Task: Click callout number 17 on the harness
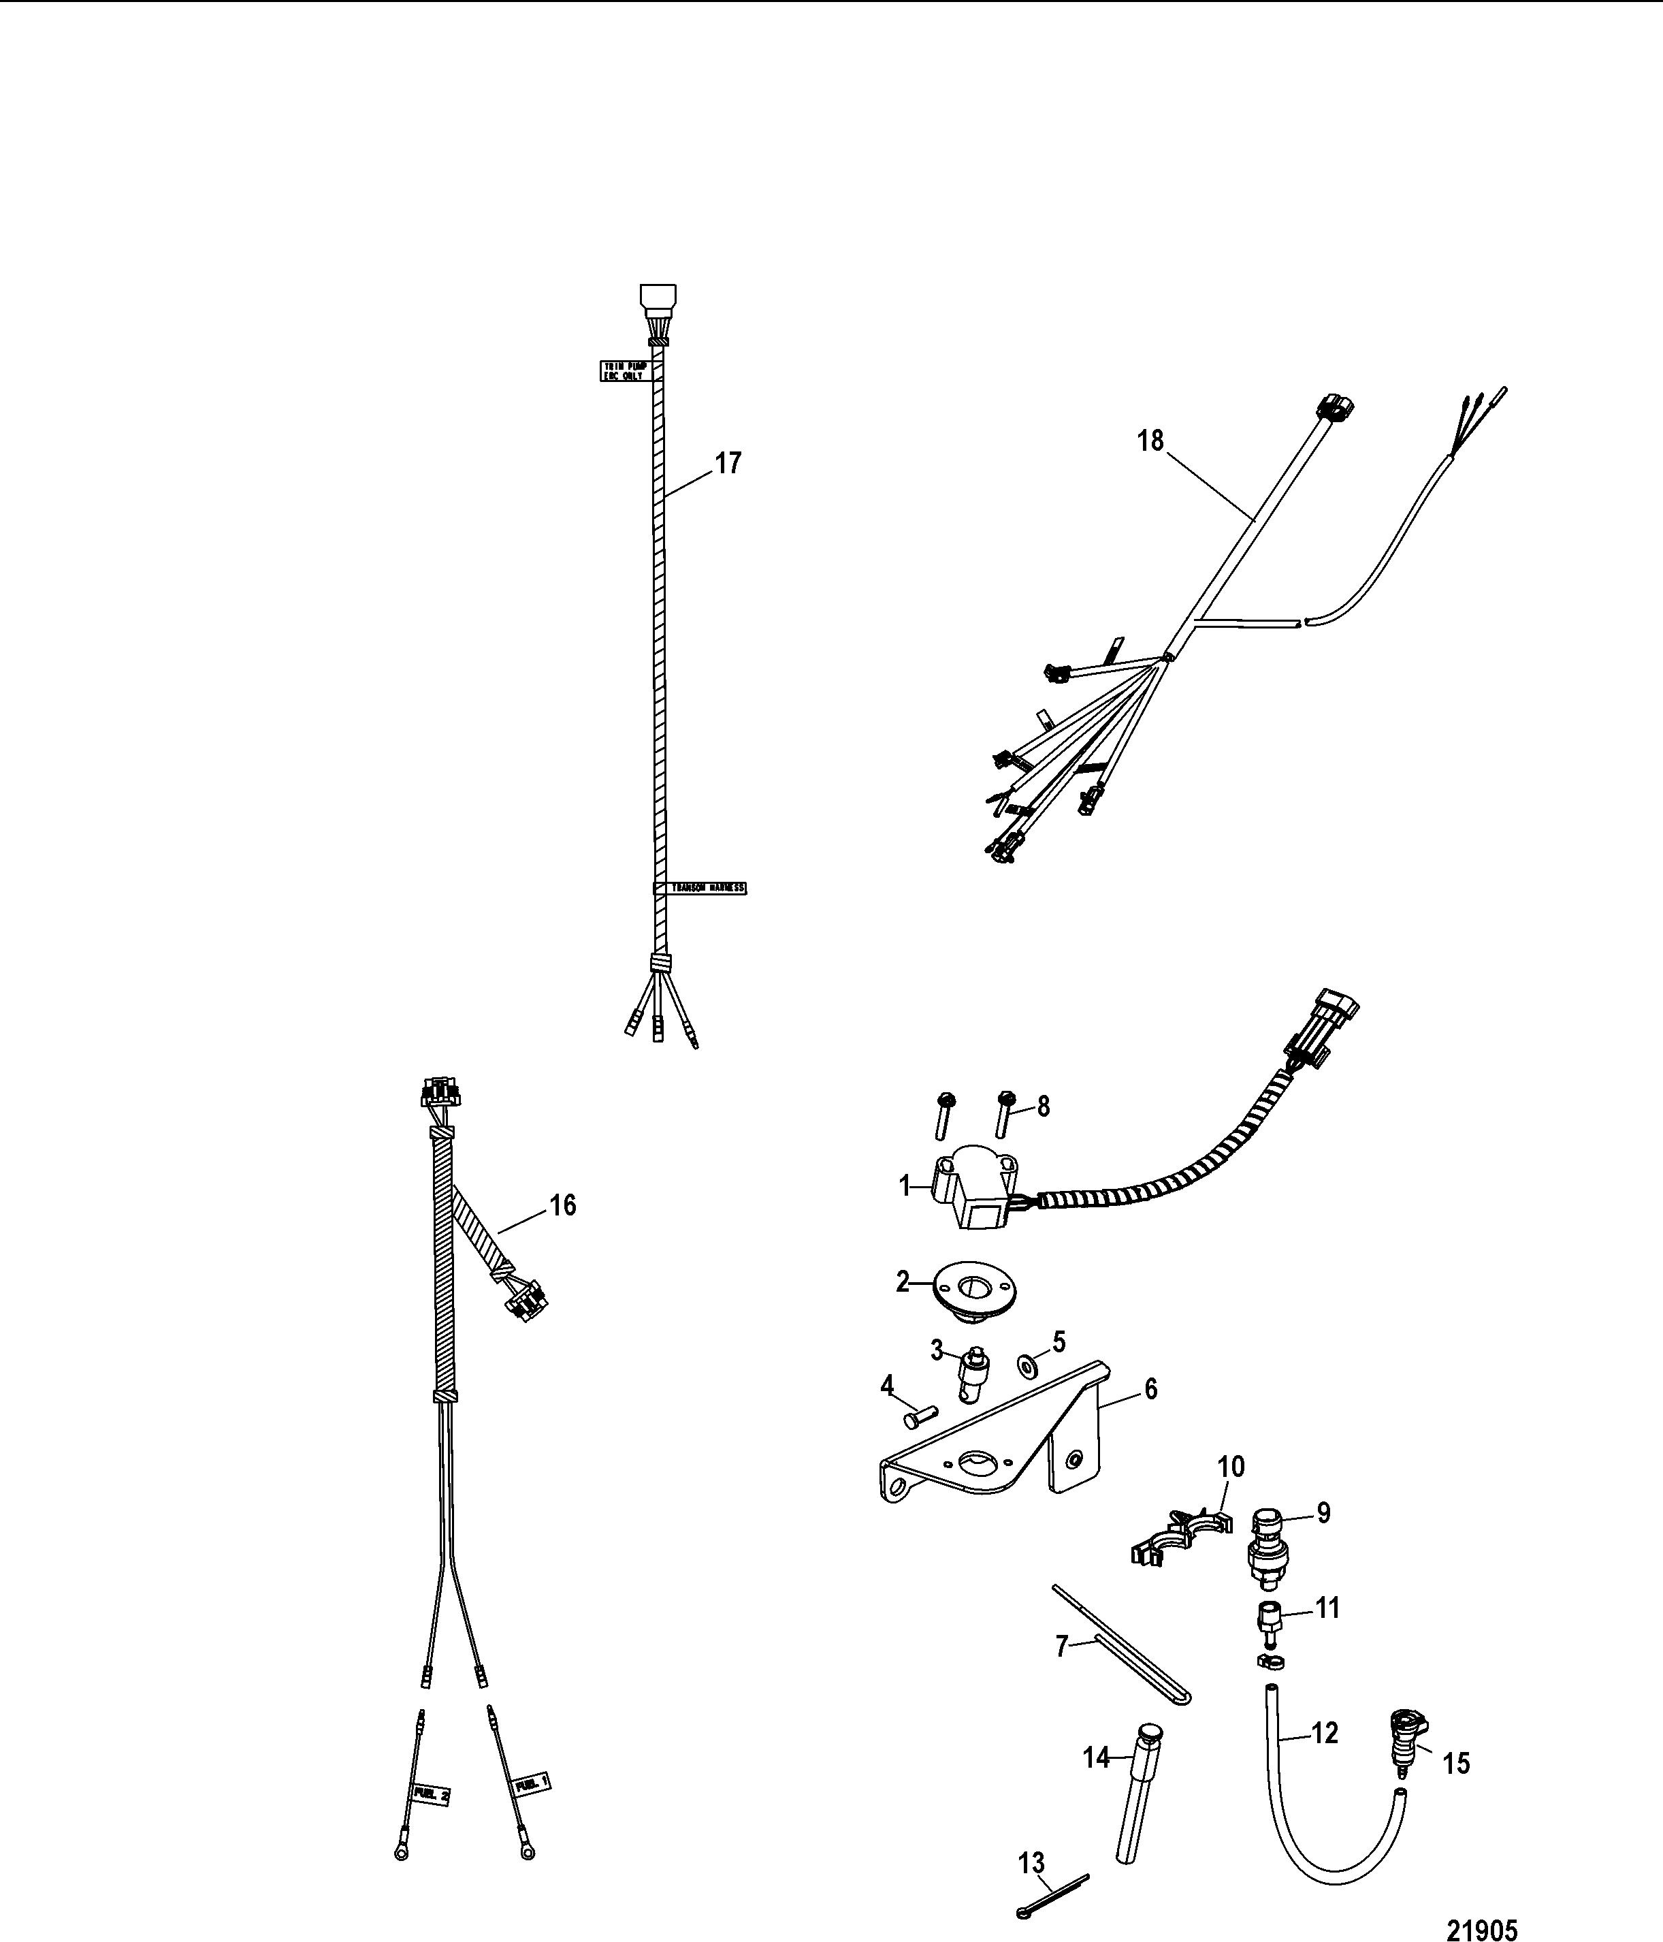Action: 728,463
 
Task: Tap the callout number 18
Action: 1150,441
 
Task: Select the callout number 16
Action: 562,1205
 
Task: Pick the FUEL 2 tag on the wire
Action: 431,1795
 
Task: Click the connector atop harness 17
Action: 657,303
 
